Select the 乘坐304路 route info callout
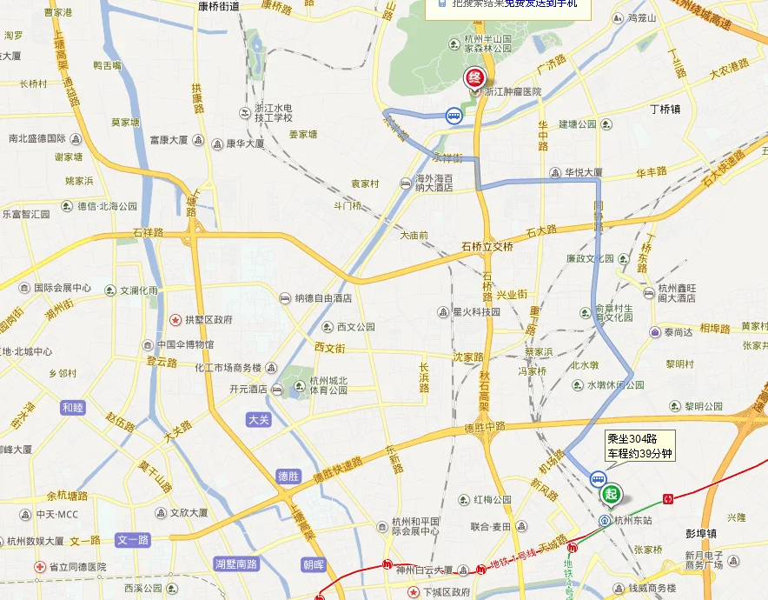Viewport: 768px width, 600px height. [x=639, y=446]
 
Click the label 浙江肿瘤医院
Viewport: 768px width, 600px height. [x=513, y=91]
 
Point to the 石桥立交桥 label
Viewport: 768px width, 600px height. [x=487, y=247]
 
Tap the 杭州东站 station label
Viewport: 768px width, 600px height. [x=632, y=520]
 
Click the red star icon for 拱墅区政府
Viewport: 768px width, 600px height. [x=176, y=320]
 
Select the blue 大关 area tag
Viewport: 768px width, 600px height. [x=259, y=419]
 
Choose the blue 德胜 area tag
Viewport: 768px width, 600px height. [x=288, y=476]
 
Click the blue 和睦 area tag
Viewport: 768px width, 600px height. [x=73, y=407]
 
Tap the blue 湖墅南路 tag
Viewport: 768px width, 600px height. [x=236, y=563]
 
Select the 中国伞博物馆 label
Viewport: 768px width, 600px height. [x=184, y=344]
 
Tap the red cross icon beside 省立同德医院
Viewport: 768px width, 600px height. [x=38, y=567]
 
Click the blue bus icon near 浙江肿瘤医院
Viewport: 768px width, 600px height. [x=454, y=115]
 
